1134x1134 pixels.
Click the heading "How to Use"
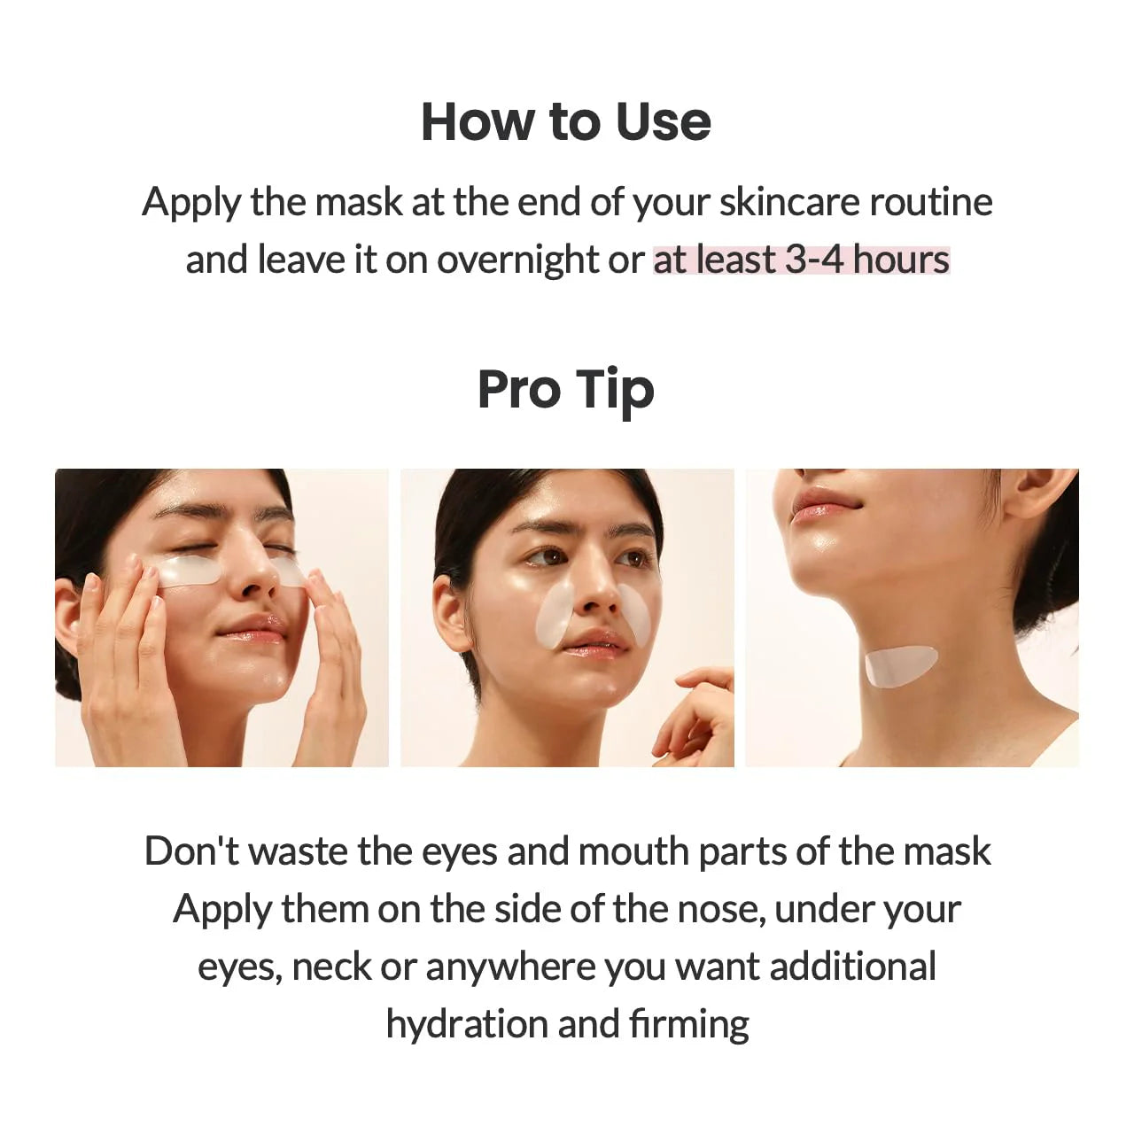pos(565,121)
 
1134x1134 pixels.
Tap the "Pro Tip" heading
pos(565,390)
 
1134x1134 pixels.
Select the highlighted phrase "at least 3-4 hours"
pos(801,260)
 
